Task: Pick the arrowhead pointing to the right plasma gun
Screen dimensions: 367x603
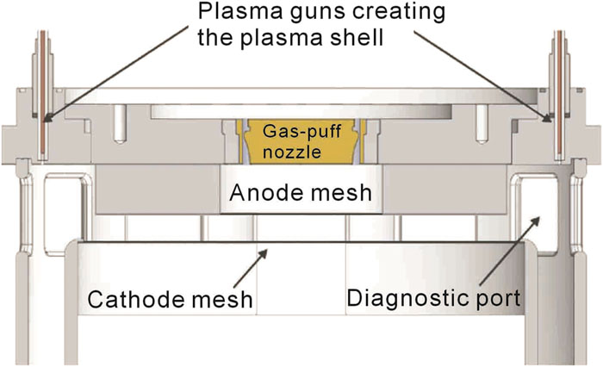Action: pos(550,121)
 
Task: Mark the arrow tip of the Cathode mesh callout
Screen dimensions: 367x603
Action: pos(270,249)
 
